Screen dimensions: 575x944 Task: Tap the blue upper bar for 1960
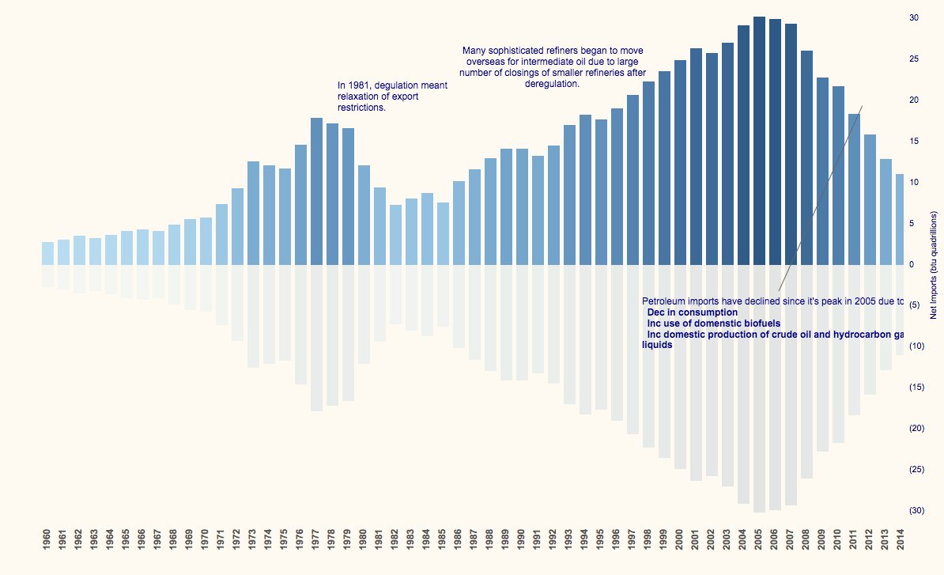click(x=47, y=253)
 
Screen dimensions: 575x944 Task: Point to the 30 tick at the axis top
click(x=913, y=17)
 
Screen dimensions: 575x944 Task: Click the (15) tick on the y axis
click(x=916, y=387)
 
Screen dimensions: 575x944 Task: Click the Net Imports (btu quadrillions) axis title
click(x=933, y=265)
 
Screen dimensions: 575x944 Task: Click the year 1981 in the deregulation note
click(x=357, y=85)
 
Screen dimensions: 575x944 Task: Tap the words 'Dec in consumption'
click(x=692, y=312)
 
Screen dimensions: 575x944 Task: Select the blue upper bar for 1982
click(x=395, y=234)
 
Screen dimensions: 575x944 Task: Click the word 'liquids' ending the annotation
click(x=657, y=346)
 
